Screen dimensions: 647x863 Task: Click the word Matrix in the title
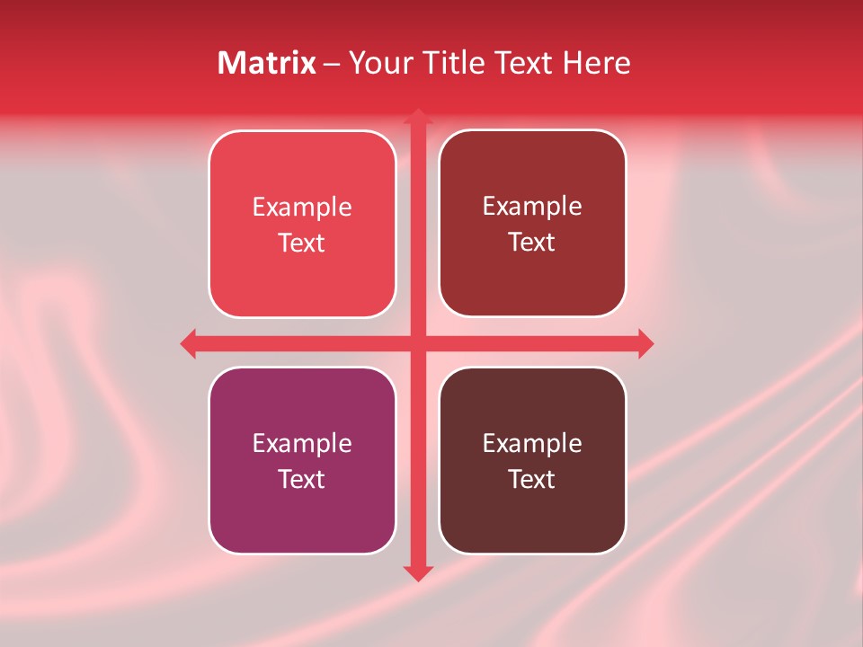pos(266,63)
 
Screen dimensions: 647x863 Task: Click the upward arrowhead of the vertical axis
pos(417,117)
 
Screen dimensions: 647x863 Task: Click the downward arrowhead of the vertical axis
pos(417,572)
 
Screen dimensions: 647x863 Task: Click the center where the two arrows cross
pos(417,343)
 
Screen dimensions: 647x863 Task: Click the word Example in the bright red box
pos(301,208)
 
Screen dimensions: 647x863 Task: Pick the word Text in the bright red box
pos(301,243)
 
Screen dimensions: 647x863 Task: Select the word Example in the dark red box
pos(531,207)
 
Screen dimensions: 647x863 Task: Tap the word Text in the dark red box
pos(531,242)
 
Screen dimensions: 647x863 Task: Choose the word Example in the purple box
pos(301,444)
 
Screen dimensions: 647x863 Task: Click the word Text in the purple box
pos(301,479)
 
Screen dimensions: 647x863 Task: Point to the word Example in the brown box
pos(531,444)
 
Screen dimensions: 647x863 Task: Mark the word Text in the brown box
pos(531,479)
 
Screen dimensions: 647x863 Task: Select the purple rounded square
pos(301,521)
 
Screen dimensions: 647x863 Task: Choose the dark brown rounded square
pos(531,521)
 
